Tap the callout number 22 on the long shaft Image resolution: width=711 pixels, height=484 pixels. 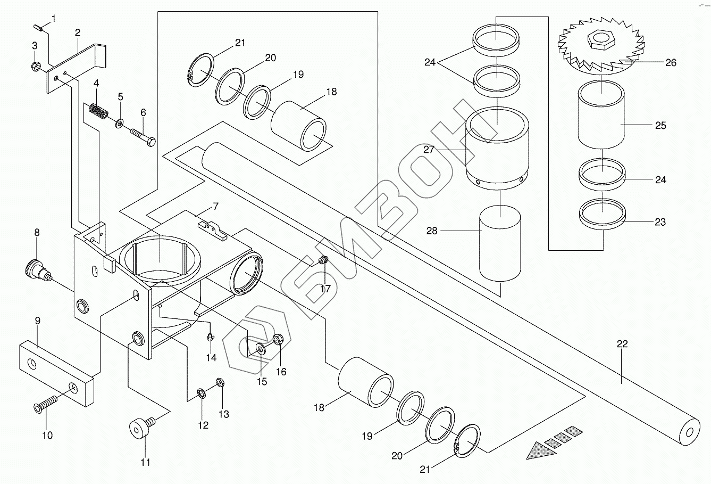click(x=622, y=344)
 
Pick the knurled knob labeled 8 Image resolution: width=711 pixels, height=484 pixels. click(x=37, y=270)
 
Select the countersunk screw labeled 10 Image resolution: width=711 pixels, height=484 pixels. click(x=45, y=403)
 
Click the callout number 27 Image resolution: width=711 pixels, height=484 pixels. click(x=429, y=150)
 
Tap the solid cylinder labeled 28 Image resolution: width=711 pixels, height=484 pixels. click(x=500, y=243)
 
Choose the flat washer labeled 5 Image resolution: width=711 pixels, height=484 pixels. click(x=120, y=123)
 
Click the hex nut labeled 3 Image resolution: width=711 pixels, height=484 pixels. click(x=35, y=66)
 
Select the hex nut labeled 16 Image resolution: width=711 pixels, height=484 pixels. click(x=278, y=340)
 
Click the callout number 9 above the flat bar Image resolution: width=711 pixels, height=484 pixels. click(x=37, y=321)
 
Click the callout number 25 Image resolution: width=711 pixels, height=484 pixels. click(x=660, y=126)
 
